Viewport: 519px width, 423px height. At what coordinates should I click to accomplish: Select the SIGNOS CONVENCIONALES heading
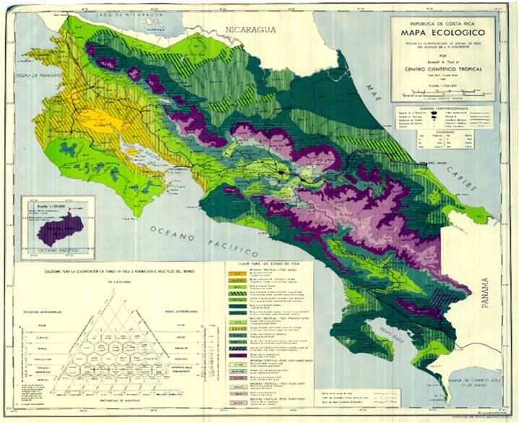443,105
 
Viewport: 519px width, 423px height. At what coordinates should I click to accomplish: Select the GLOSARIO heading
443,131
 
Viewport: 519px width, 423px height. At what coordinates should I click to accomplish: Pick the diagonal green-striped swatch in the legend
236,293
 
